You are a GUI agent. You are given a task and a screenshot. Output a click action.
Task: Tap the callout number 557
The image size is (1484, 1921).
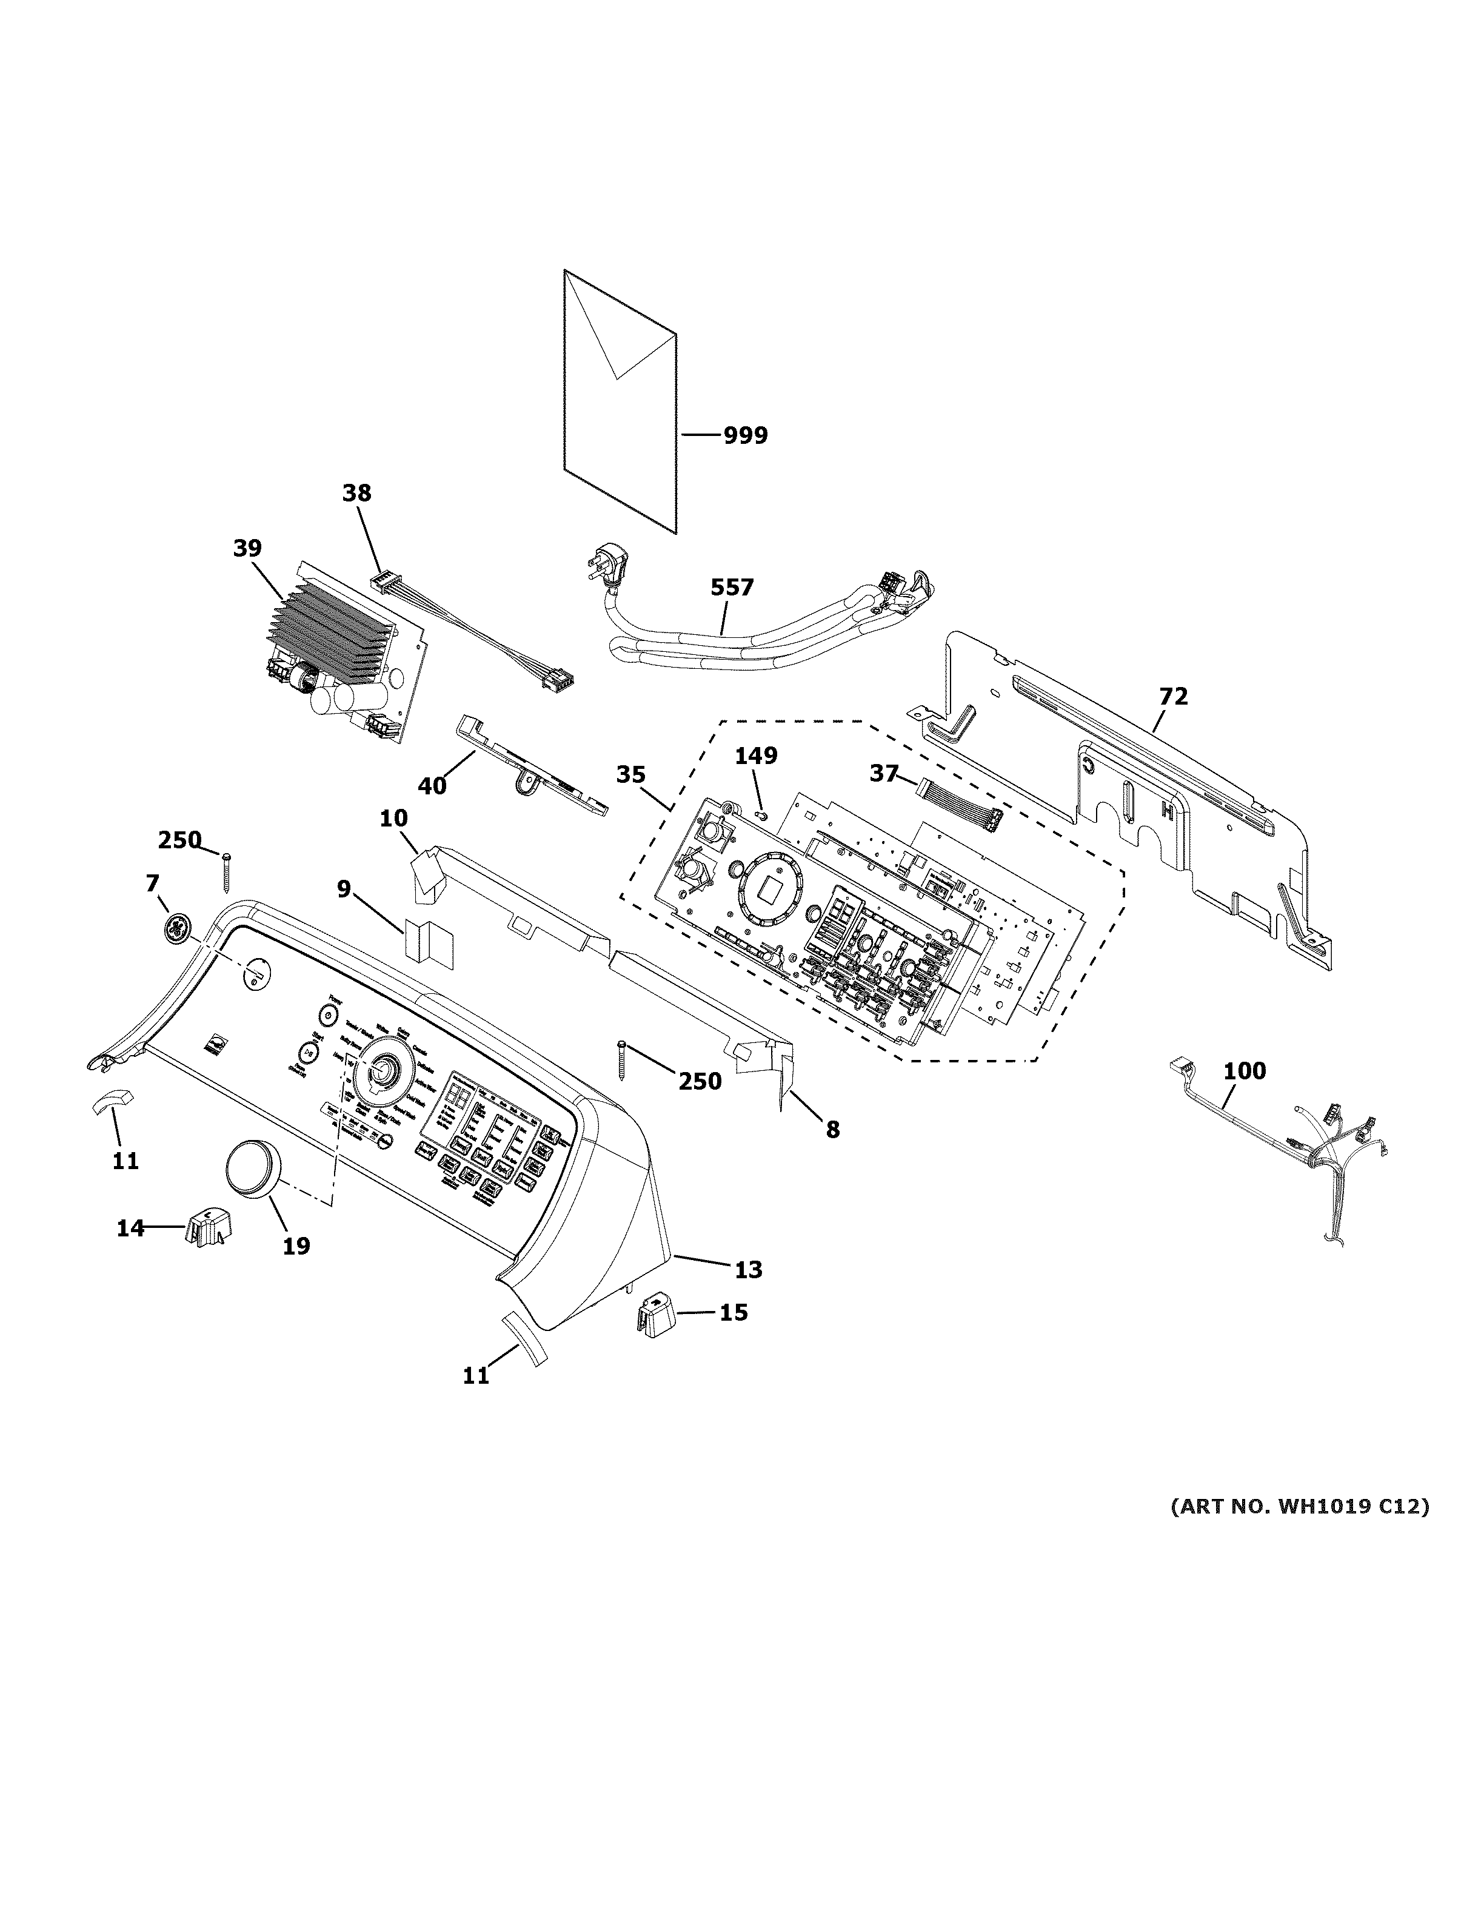coord(732,587)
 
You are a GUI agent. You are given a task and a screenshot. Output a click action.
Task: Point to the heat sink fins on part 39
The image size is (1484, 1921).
coord(330,633)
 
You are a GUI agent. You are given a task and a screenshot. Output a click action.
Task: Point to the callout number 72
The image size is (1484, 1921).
coord(1173,697)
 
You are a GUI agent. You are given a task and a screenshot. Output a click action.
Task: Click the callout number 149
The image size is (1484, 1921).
coord(756,756)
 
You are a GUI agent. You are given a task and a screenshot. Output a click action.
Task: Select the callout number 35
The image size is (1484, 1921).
coord(630,775)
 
